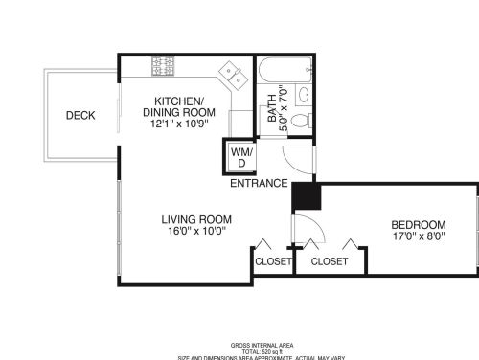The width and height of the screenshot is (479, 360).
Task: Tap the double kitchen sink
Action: click(x=230, y=74)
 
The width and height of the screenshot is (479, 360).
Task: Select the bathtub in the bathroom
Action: click(x=277, y=68)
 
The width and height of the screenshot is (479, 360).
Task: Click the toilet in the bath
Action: click(x=301, y=120)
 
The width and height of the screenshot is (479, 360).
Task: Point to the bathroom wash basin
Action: click(x=303, y=94)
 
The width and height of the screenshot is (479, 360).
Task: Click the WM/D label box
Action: click(x=239, y=155)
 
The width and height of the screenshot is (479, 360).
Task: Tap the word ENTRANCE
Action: click(x=259, y=183)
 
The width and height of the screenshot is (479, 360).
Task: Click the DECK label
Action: click(x=80, y=116)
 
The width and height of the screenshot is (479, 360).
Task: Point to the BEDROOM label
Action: click(x=419, y=225)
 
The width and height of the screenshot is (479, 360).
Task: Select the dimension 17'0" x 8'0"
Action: click(x=419, y=237)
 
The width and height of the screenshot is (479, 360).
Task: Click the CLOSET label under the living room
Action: click(x=272, y=260)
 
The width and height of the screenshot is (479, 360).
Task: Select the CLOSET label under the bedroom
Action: click(x=330, y=260)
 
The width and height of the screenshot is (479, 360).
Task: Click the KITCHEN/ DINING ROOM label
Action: click(x=179, y=106)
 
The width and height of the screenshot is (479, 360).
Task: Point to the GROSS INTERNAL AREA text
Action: click(x=262, y=345)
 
